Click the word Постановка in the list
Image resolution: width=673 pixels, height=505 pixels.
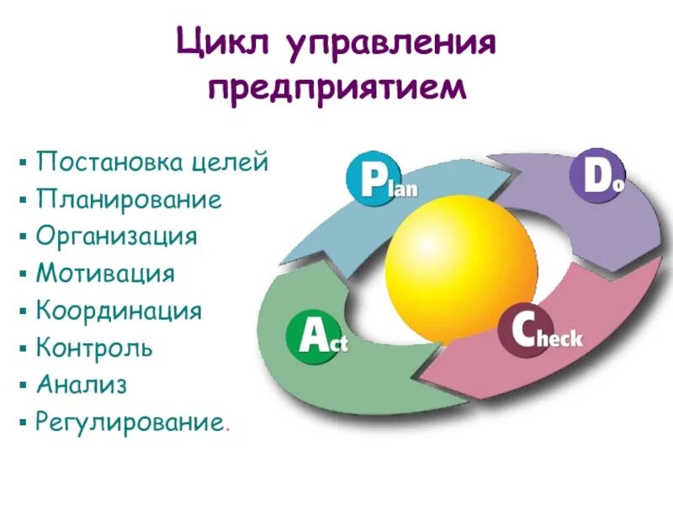point(110,162)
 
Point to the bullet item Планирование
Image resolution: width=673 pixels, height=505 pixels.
point(129,199)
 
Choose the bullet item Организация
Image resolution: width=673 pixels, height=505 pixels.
point(116,236)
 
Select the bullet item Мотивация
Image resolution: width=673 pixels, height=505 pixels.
point(105,273)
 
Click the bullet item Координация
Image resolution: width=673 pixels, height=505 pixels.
point(119,310)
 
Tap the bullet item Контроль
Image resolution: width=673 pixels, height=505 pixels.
point(94,346)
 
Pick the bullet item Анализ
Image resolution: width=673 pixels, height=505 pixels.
point(81,384)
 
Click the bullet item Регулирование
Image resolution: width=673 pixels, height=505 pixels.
point(130,421)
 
